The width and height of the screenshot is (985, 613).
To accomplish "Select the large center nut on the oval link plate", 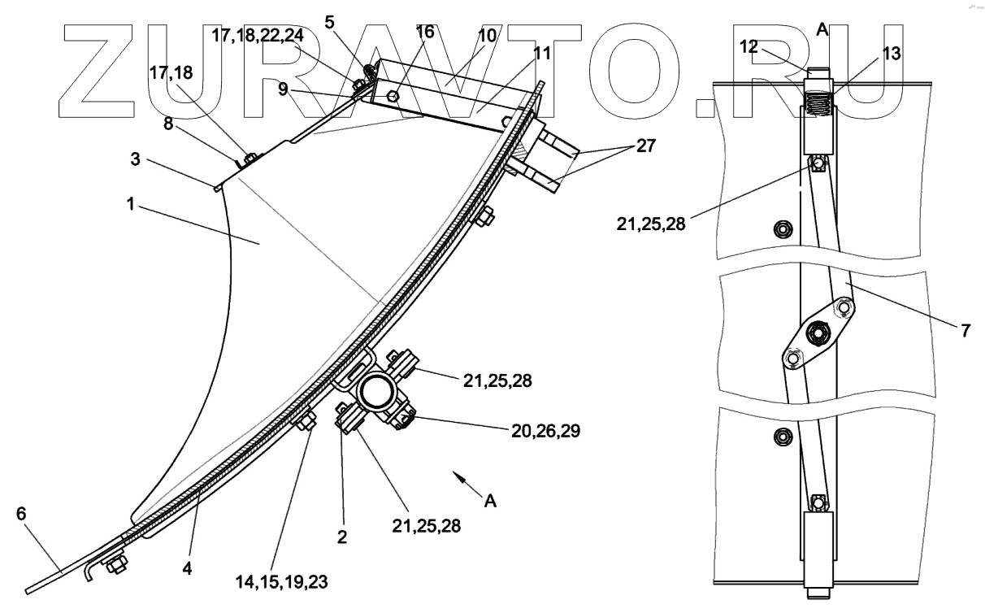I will click(817, 333).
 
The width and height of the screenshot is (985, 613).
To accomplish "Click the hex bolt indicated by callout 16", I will click(393, 96).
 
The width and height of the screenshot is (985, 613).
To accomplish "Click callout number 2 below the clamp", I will click(342, 536).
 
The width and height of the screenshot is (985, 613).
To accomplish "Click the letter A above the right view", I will click(822, 29).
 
